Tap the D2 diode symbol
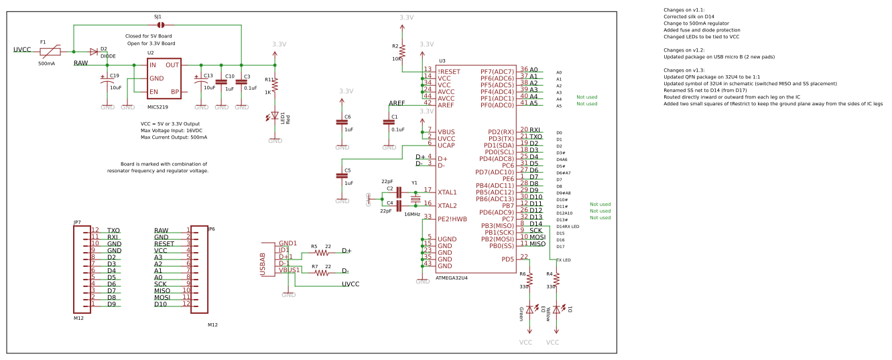pyautogui.click(x=93, y=52)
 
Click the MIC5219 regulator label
pyautogui.click(x=157, y=107)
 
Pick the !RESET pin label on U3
pyautogui.click(x=449, y=71)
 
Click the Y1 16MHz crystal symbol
pyautogui.click(x=415, y=199)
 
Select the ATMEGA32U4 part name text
pyautogui.click(x=452, y=278)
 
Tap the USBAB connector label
pyautogui.click(x=263, y=263)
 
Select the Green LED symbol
pyautogui.click(x=529, y=310)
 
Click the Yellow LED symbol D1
pyautogui.click(x=556, y=310)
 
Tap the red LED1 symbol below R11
pyautogui.click(x=275, y=117)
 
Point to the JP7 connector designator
pyautogui.click(x=77, y=222)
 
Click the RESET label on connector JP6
pyautogui.click(x=164, y=244)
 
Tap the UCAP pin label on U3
pyautogui.click(x=447, y=145)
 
